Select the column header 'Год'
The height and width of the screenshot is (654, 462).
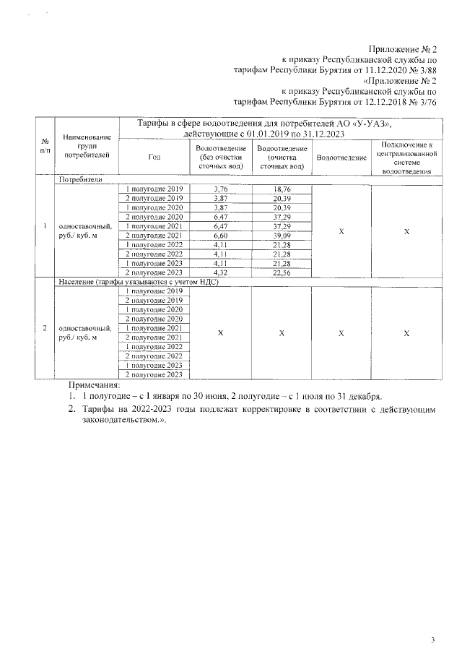pyautogui.click(x=154, y=158)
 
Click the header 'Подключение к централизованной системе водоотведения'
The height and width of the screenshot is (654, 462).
pyautogui.click(x=406, y=158)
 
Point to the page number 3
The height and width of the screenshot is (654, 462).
pyautogui.click(x=432, y=620)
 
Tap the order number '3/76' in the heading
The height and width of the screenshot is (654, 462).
pyautogui.click(x=427, y=103)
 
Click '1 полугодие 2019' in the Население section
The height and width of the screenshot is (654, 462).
pyautogui.click(x=154, y=291)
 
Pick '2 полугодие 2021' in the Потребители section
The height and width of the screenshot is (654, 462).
pyautogui.click(x=154, y=236)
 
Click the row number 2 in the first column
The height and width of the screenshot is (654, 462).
pyautogui.click(x=45, y=329)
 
